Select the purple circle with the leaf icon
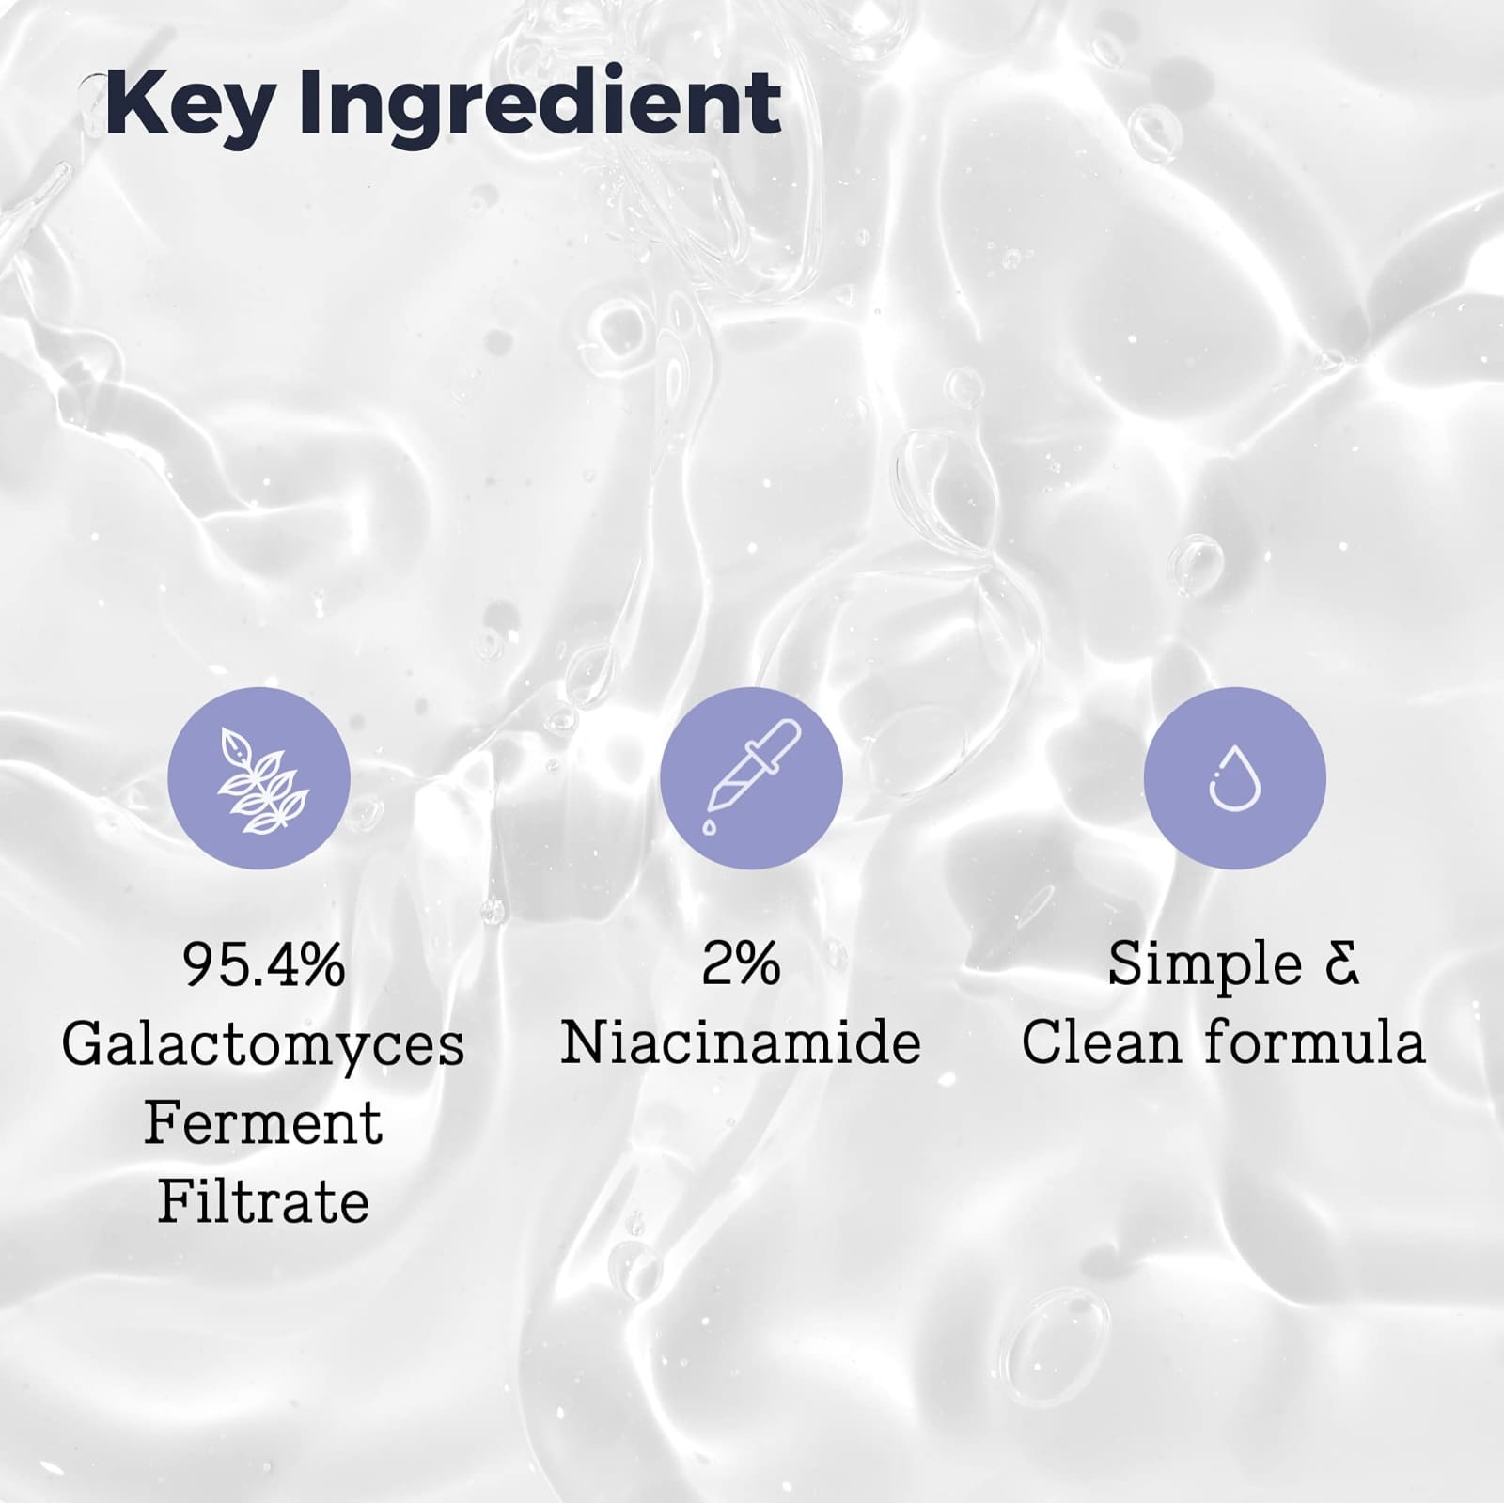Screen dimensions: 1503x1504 click(258, 777)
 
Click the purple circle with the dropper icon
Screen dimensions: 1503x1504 click(751, 777)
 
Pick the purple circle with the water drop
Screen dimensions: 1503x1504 click(1234, 777)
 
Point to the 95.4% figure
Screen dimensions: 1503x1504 click(264, 964)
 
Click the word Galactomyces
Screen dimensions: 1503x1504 click(263, 1045)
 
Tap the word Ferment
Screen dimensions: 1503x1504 click(263, 1123)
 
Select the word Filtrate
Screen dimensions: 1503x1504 click(263, 1201)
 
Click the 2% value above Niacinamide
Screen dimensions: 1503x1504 click(741, 964)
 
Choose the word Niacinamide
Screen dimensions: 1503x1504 click(741, 1043)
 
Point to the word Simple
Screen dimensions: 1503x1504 click(1204, 965)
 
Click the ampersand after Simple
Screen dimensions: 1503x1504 click(1341, 964)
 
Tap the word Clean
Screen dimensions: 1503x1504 click(1101, 1043)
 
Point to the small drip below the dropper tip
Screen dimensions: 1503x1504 click(709, 826)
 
